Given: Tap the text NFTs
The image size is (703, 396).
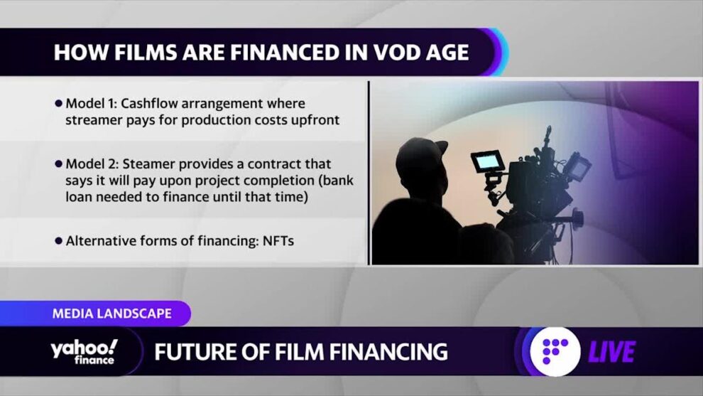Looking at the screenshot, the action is [x=278, y=241].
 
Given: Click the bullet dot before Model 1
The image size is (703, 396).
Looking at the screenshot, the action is [x=58, y=104].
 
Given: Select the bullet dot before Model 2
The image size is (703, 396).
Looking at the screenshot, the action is [x=58, y=164].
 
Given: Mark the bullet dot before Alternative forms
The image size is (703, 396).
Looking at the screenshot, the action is [x=58, y=241].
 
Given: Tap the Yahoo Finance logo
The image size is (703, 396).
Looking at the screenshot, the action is [x=85, y=351].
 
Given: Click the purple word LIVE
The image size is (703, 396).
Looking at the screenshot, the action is [x=611, y=351].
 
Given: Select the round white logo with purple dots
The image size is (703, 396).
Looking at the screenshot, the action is [x=555, y=351].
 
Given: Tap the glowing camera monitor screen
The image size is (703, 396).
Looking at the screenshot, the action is [x=484, y=161].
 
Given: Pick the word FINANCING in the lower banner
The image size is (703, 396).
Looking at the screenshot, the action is [x=383, y=351].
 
